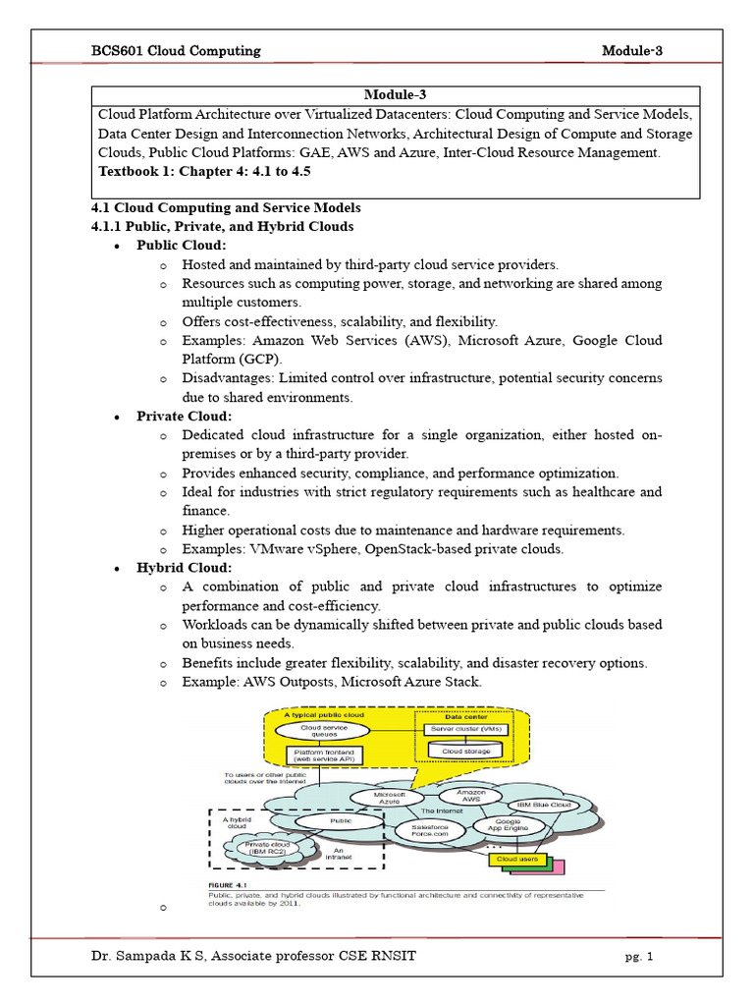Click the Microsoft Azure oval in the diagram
(378, 798)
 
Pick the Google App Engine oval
(507, 826)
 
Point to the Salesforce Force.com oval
(422, 831)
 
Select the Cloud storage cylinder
(465, 751)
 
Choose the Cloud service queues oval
(316, 730)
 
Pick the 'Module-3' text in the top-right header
(634, 51)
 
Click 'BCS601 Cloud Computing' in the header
(176, 51)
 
